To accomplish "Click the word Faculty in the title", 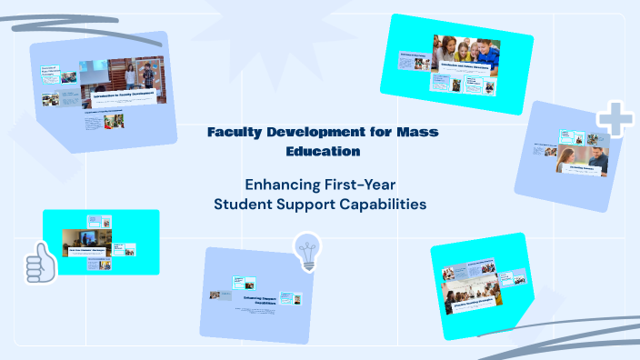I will coord(235,133).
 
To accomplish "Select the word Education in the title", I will coord(321,151).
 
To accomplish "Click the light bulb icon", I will coord(308,250).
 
